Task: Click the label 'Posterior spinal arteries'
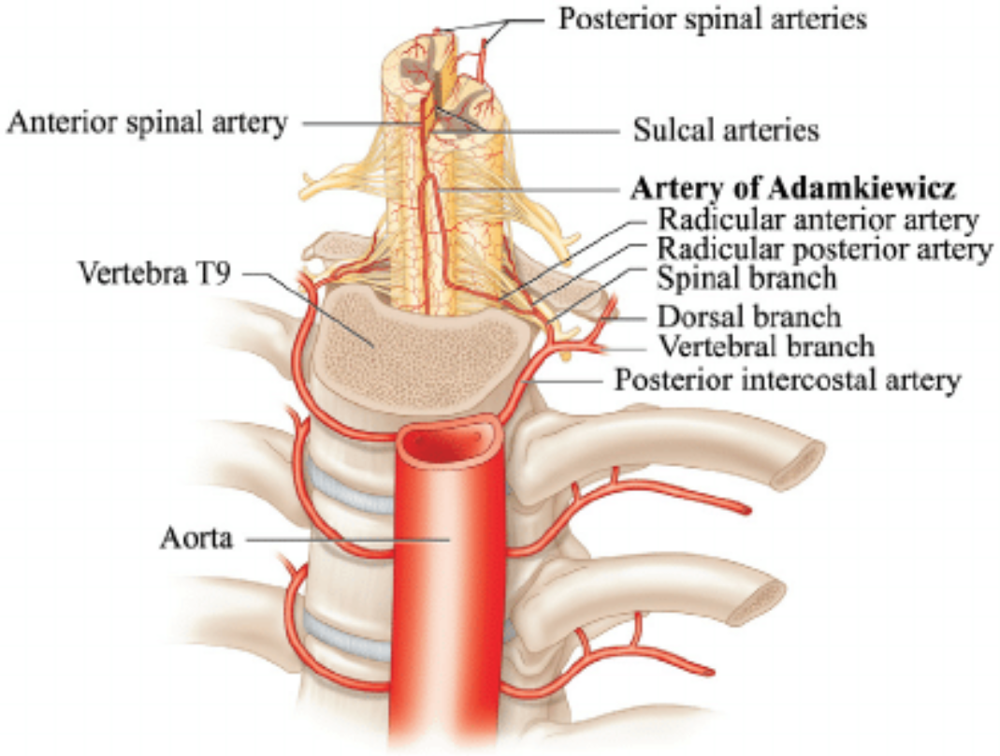coord(712,19)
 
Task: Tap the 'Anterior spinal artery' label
coord(147,123)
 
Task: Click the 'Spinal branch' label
coord(746,278)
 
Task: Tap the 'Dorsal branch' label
coord(748,316)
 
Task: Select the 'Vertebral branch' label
coord(766,346)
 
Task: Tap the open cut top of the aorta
coord(448,440)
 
